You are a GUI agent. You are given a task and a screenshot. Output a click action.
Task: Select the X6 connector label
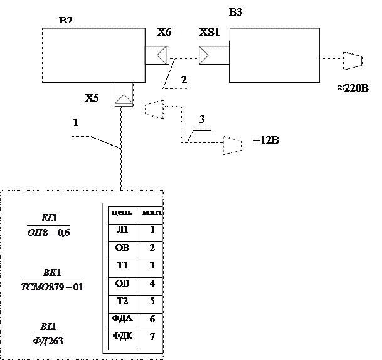(x=164, y=32)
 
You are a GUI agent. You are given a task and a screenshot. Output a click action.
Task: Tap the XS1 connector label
(x=210, y=32)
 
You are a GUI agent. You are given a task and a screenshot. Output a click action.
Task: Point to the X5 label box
(x=93, y=98)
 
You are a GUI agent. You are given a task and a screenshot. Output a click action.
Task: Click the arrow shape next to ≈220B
(x=352, y=61)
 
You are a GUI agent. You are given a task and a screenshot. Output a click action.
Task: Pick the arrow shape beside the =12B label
(x=232, y=145)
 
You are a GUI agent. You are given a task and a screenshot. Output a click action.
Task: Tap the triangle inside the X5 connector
(x=124, y=99)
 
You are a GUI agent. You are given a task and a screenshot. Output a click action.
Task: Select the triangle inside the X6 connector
(x=161, y=55)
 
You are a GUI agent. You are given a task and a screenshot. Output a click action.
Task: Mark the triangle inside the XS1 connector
(x=204, y=55)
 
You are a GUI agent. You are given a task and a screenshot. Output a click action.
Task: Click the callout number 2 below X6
(x=184, y=80)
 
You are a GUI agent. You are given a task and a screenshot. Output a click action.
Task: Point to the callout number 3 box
(x=201, y=119)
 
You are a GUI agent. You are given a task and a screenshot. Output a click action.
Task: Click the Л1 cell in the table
(x=122, y=230)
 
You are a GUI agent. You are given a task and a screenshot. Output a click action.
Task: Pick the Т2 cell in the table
(x=122, y=302)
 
